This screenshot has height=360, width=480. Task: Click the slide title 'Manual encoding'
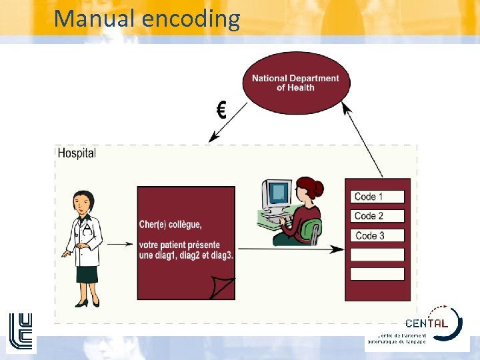(147, 18)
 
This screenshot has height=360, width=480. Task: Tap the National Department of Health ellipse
(295, 83)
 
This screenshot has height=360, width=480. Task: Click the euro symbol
(220, 109)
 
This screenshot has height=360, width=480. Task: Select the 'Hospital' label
(77, 153)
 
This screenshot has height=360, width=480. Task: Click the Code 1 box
(377, 197)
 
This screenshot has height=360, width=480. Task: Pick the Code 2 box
(377, 216)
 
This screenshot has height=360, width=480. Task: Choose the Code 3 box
(377, 235)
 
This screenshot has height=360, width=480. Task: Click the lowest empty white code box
(377, 274)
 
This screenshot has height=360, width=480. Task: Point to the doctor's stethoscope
(86, 229)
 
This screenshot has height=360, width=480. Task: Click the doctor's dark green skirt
(87, 273)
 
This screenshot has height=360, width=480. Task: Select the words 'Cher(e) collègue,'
(170, 224)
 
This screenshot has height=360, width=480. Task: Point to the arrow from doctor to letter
(120, 244)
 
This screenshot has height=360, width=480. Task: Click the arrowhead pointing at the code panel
(339, 249)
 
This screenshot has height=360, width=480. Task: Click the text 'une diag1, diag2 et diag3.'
(186, 255)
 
